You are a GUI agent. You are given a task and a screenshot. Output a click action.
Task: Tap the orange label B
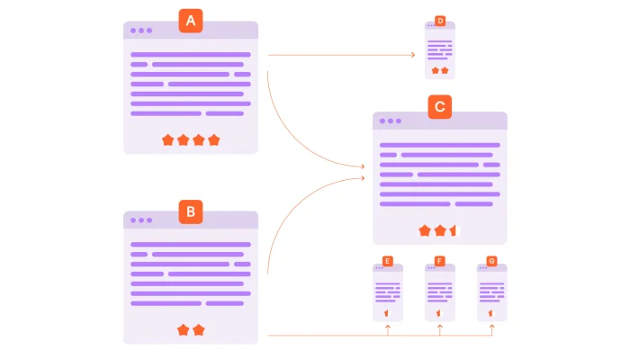191,211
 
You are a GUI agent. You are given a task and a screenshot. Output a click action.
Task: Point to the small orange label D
440,21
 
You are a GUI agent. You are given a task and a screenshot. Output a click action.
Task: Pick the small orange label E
387,261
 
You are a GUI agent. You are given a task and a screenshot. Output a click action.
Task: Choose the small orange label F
439,261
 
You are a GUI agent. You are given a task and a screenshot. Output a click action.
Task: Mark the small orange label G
491,261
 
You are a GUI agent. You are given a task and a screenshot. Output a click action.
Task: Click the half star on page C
454,230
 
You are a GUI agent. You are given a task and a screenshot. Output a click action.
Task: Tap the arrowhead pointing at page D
412,55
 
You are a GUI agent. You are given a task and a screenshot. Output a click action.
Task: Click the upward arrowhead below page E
388,329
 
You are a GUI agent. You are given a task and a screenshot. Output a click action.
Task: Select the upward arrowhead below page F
440,329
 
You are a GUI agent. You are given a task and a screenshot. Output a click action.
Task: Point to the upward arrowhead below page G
492,329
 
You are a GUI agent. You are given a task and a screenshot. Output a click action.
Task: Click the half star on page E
387,312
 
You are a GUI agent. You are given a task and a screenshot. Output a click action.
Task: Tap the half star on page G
491,312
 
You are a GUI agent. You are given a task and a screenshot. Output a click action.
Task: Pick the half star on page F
439,312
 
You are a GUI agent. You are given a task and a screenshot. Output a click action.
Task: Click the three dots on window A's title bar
140,31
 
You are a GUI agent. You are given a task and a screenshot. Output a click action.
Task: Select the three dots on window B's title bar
140,220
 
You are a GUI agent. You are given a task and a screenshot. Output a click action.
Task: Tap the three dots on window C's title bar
390,121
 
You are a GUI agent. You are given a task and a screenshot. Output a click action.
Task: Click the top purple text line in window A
191,55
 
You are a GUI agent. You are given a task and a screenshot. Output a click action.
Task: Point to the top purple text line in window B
191,245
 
